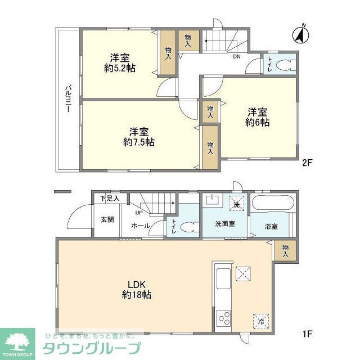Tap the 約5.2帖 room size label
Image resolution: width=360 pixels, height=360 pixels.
pyautogui.click(x=120, y=69)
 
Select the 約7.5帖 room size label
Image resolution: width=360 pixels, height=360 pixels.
pyautogui.click(x=139, y=142)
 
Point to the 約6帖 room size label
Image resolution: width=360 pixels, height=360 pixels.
pyautogui.click(x=257, y=122)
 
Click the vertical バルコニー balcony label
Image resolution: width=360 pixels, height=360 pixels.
pyautogui.click(x=67, y=99)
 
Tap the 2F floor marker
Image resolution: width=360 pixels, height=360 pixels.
pyautogui.click(x=307, y=164)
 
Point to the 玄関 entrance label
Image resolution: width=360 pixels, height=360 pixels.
pyautogui.click(x=107, y=219)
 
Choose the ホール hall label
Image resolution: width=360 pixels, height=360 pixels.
pyautogui.click(x=140, y=226)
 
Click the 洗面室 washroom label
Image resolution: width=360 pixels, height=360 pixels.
pyautogui.click(x=225, y=223)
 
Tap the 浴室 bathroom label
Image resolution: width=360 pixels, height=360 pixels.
pyautogui.click(x=271, y=227)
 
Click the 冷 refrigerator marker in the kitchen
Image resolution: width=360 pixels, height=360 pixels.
pyautogui.click(x=261, y=322)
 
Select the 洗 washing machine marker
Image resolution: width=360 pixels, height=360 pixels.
pyautogui.click(x=237, y=204)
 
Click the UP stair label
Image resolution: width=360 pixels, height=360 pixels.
pyautogui.click(x=138, y=213)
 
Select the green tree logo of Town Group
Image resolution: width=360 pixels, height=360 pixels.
pyautogui.click(x=17, y=340)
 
